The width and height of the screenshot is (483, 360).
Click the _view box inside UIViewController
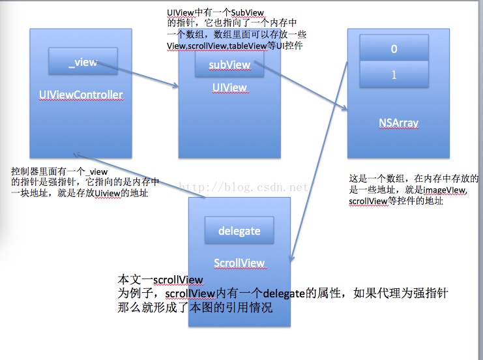click(83, 61)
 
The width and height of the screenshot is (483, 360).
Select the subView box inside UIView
click(229, 64)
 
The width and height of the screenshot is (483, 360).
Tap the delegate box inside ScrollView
click(239, 230)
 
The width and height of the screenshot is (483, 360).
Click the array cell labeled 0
click(394, 48)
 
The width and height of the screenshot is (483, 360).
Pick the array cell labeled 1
click(394, 74)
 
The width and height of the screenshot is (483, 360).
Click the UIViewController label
click(81, 95)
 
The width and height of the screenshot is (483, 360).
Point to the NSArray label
click(399, 123)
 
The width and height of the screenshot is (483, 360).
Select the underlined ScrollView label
click(239, 263)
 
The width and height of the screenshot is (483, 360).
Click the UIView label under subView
click(229, 88)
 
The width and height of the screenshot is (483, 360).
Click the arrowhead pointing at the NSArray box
click(344, 108)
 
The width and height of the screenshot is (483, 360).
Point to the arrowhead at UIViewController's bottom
click(76, 154)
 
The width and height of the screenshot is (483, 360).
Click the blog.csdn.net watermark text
click(244, 187)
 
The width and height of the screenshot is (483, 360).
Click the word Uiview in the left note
click(107, 194)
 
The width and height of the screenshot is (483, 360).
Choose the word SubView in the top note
click(247, 13)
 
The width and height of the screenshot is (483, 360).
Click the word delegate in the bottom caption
click(284, 293)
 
